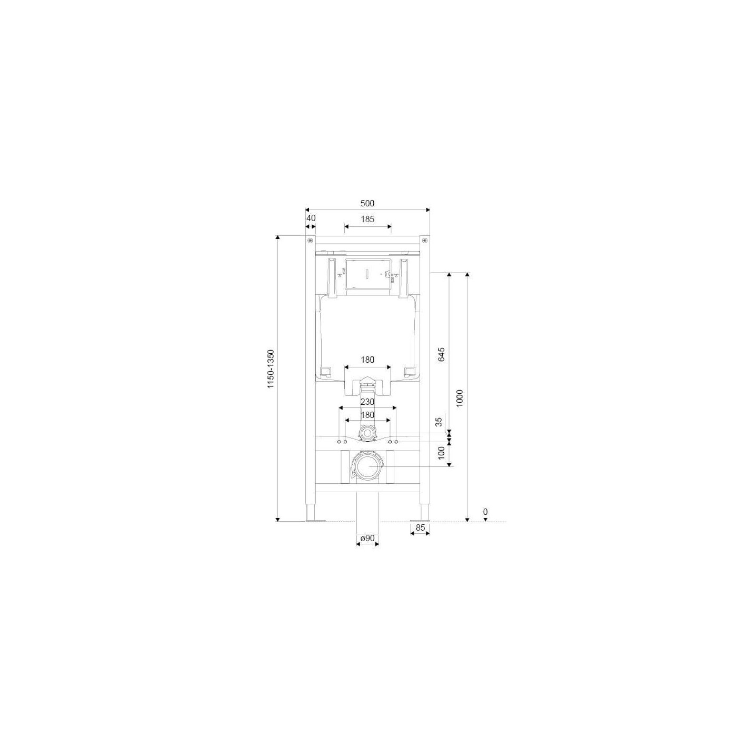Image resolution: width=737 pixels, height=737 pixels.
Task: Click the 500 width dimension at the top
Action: point(367,204)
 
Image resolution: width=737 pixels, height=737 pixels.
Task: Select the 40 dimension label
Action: point(311,218)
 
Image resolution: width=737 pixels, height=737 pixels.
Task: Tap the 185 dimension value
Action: point(367,219)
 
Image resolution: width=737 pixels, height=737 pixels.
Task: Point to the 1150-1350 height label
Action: point(271,368)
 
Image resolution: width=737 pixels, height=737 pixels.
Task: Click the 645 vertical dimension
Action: point(441,354)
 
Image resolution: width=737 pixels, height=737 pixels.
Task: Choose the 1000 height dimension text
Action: point(460,398)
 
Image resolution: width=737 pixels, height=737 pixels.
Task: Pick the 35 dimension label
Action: point(439,422)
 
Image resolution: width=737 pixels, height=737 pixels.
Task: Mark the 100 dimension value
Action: point(441,453)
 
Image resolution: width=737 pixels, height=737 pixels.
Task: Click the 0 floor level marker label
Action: point(485,512)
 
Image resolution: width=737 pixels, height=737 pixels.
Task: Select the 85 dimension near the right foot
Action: point(420,528)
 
